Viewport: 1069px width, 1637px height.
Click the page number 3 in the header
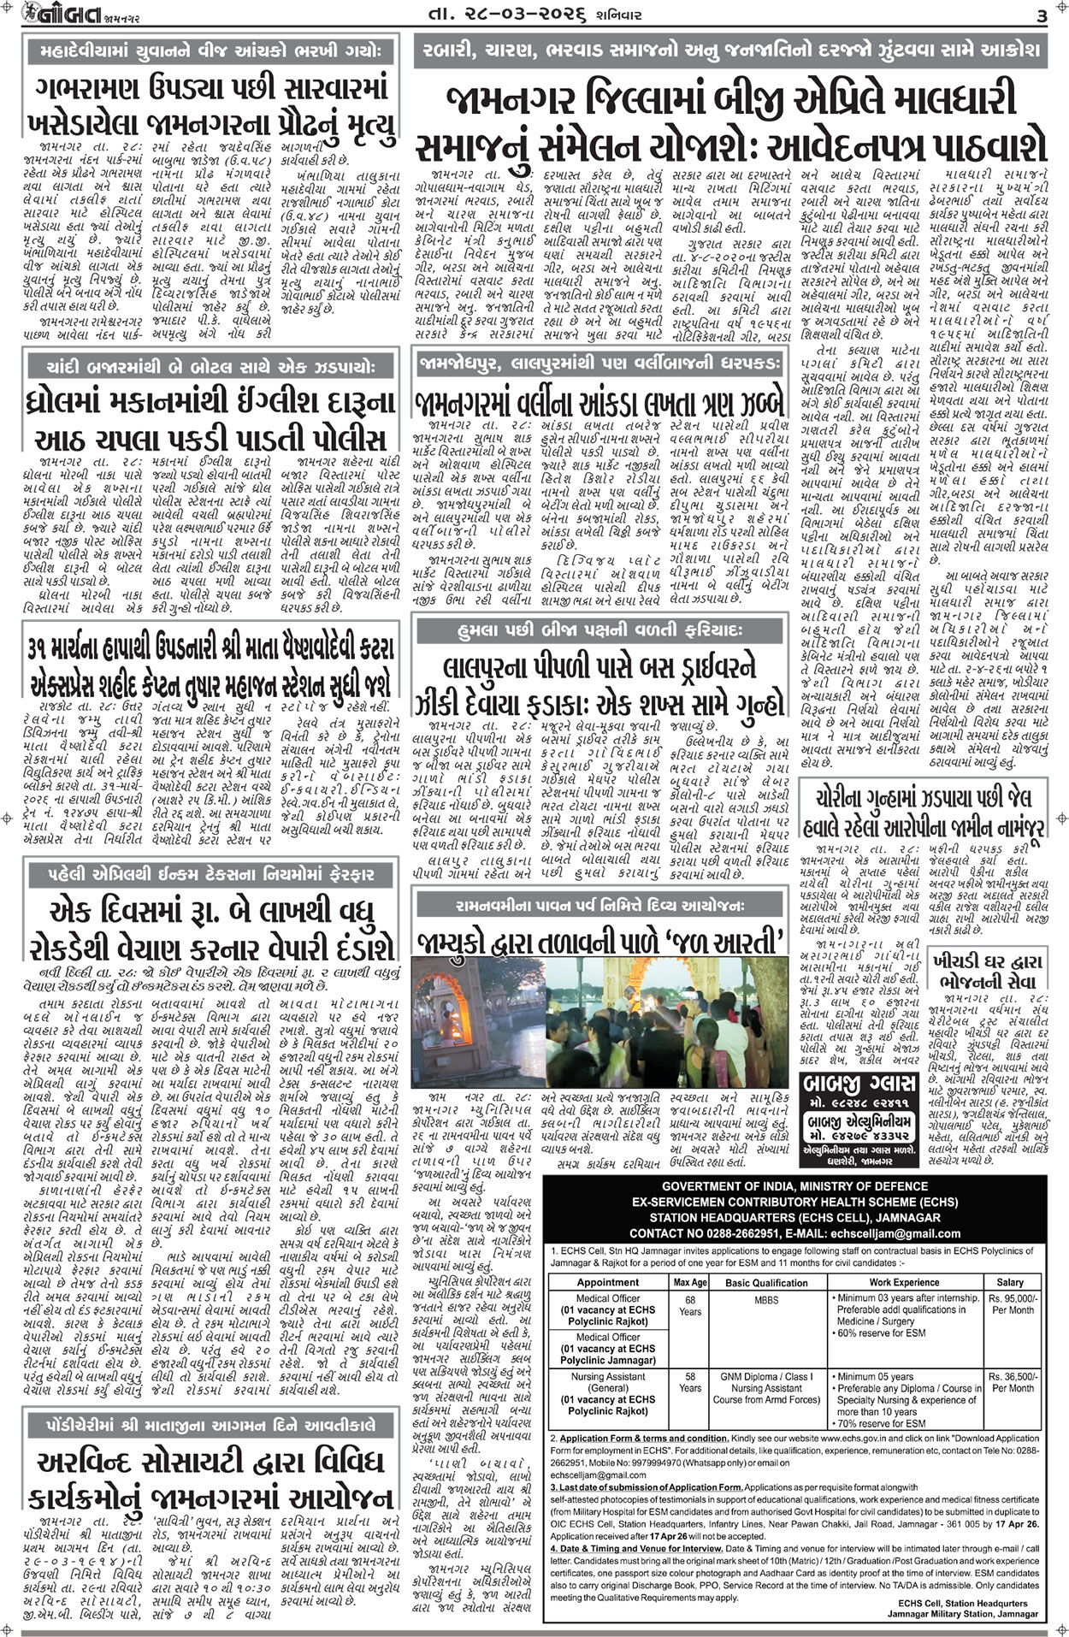[1042, 15]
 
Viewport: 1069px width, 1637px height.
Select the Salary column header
[1009, 1282]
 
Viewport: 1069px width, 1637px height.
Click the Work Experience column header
[904, 1282]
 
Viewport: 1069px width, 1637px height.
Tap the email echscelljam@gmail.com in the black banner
[876, 1233]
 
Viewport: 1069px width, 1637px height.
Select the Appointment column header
[607, 1282]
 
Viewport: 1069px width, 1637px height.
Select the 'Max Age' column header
[690, 1282]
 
